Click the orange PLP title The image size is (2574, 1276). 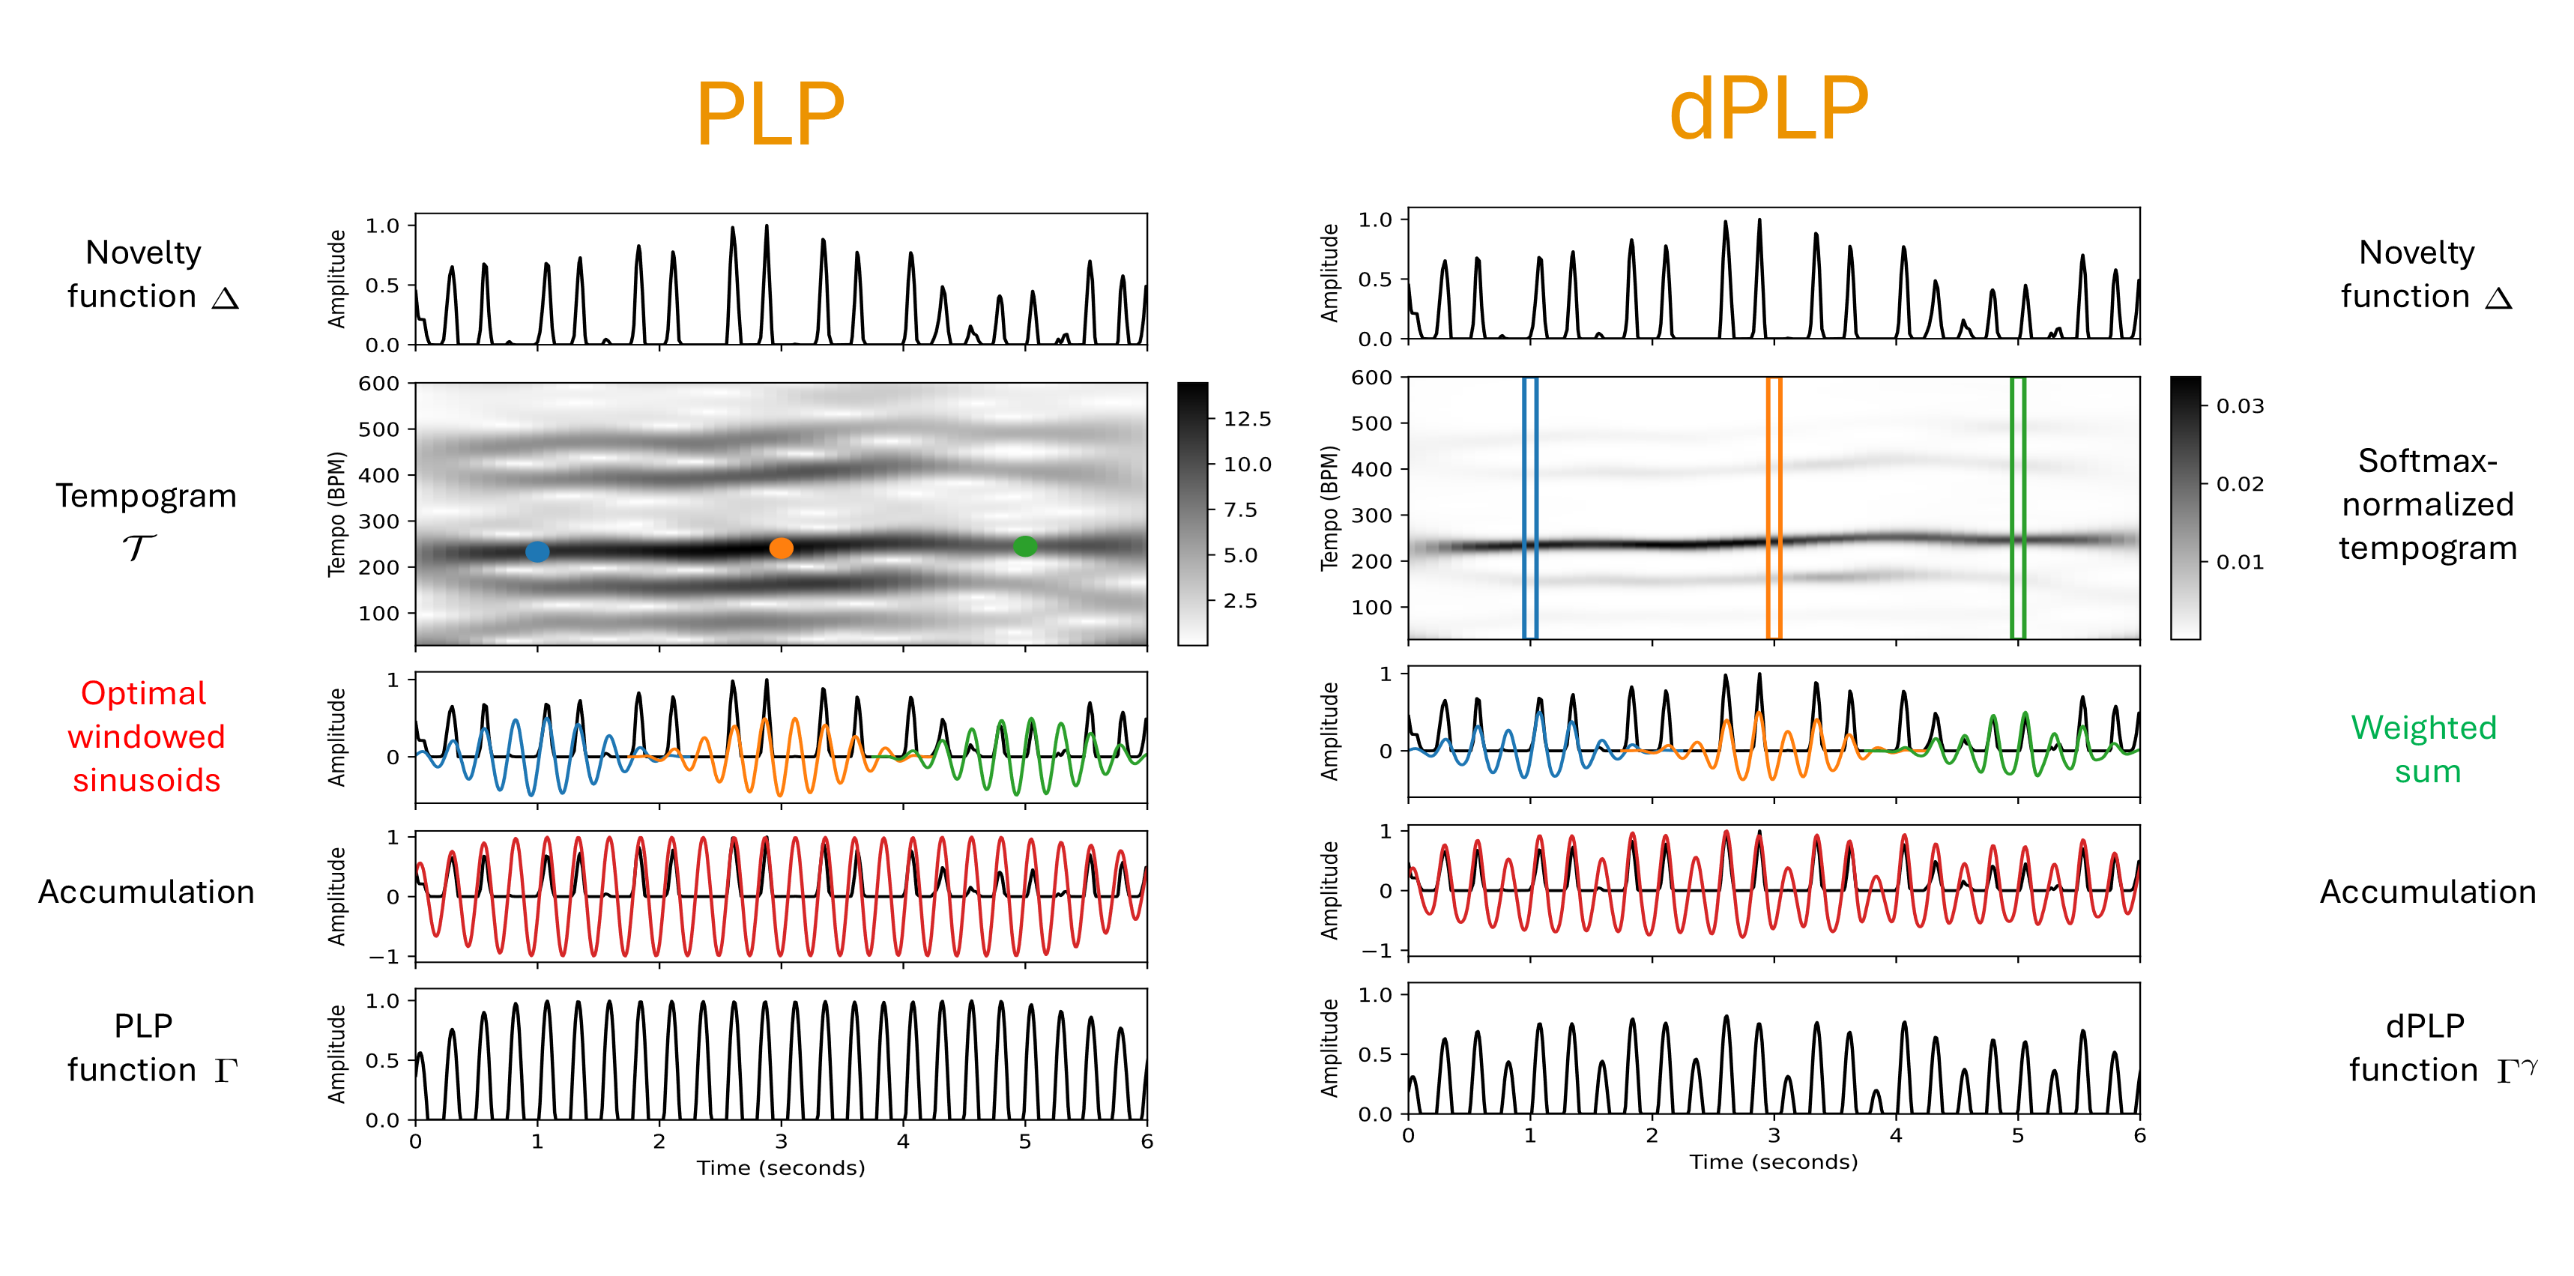pyautogui.click(x=770, y=114)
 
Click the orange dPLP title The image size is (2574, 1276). pyautogui.click(x=1768, y=110)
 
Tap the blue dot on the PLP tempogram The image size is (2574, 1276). pyautogui.click(x=537, y=551)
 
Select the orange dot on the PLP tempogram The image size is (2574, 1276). pyautogui.click(x=782, y=548)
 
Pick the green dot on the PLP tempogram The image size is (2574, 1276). pyautogui.click(x=1025, y=545)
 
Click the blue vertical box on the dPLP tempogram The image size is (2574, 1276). pyautogui.click(x=1530, y=507)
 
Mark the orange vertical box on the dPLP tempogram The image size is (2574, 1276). pyautogui.click(x=1774, y=507)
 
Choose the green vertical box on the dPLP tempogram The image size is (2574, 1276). pyautogui.click(x=2017, y=507)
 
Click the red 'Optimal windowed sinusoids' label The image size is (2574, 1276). pyautogui.click(x=146, y=737)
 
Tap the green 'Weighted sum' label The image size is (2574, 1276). pyautogui.click(x=2424, y=749)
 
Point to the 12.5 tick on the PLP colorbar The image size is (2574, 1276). pyautogui.click(x=1247, y=419)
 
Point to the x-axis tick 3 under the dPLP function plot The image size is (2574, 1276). pyautogui.click(x=1774, y=1136)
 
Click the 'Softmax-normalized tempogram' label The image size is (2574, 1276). pyautogui.click(x=2427, y=504)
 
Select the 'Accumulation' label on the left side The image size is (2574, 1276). pyautogui.click(x=146, y=892)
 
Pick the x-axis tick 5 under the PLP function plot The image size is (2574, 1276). pyautogui.click(x=1025, y=1142)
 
